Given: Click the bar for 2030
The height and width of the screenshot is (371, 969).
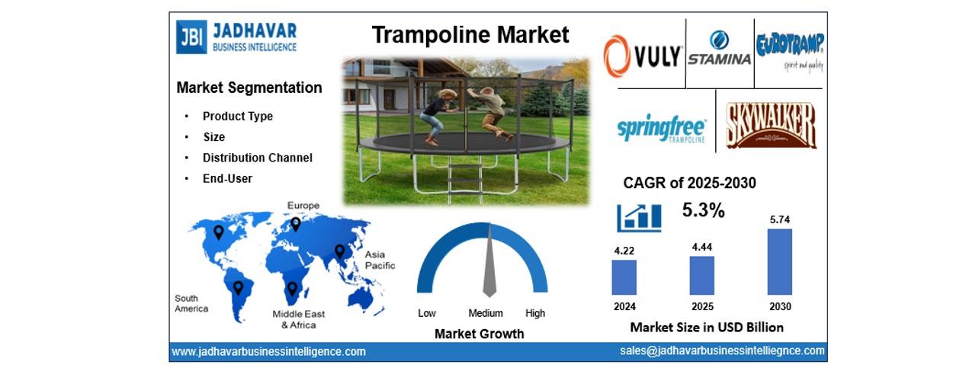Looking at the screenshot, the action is pyautogui.click(x=779, y=262).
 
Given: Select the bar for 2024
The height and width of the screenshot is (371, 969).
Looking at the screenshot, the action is pyautogui.click(x=624, y=277).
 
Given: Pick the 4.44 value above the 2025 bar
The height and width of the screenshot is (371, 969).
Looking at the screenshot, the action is pyautogui.click(x=701, y=248).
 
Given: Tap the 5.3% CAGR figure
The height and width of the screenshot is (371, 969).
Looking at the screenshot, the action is pyautogui.click(x=704, y=210).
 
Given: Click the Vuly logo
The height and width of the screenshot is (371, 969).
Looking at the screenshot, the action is pyautogui.click(x=643, y=56).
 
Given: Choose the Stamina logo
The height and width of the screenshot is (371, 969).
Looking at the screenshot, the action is pyautogui.click(x=720, y=48).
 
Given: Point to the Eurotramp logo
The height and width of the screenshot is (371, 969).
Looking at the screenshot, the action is pyautogui.click(x=790, y=51).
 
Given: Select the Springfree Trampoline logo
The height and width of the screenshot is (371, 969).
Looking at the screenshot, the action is pyautogui.click(x=662, y=129).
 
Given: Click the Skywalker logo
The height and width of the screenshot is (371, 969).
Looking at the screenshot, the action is pyautogui.click(x=771, y=126).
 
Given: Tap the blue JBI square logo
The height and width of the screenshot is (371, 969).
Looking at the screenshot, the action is pyautogui.click(x=191, y=37).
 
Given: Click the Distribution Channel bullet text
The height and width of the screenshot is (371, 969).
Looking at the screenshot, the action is pyautogui.click(x=258, y=158).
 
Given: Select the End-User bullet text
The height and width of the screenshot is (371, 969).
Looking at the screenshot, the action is pyautogui.click(x=227, y=178).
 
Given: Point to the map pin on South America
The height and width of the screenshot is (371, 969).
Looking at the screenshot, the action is pyautogui.click(x=238, y=288).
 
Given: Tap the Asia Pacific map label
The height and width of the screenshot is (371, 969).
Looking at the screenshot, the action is pyautogui.click(x=380, y=260).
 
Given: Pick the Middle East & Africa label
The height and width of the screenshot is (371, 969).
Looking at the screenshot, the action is pyautogui.click(x=299, y=319).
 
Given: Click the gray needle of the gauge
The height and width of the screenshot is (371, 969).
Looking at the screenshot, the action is pyautogui.click(x=489, y=261).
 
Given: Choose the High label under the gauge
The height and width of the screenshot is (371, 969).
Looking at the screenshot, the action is pyautogui.click(x=535, y=313).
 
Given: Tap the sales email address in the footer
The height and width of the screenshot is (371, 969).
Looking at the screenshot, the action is pyautogui.click(x=722, y=350).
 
